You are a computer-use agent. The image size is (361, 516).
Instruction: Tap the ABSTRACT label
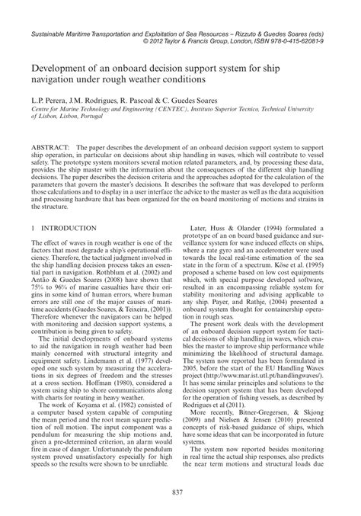coord(50,144)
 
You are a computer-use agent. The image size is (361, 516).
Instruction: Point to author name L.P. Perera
coord(50,100)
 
